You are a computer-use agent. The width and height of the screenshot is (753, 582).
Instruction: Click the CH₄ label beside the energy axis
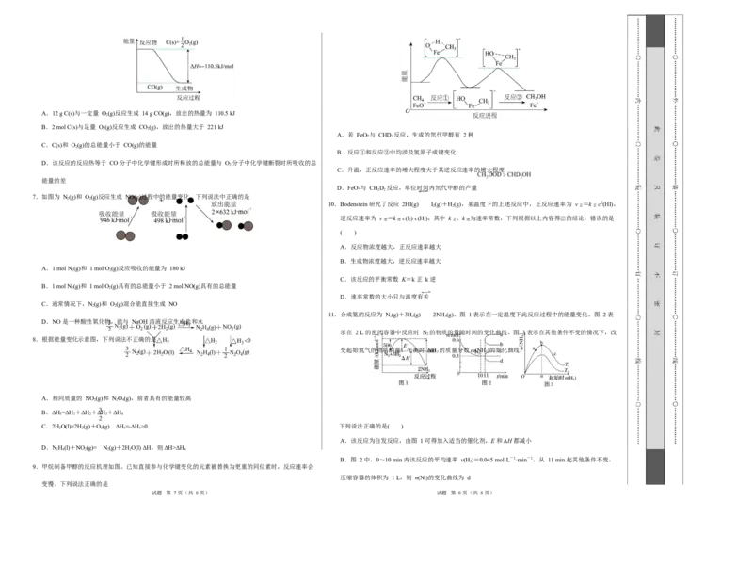click(x=418, y=97)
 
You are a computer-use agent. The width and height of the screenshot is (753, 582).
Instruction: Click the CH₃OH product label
click(x=536, y=97)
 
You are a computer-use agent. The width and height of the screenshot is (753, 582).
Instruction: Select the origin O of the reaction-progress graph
click(x=408, y=112)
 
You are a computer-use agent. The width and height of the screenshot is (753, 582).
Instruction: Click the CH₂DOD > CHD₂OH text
click(x=505, y=174)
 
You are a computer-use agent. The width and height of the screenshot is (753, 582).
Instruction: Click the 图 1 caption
click(x=405, y=383)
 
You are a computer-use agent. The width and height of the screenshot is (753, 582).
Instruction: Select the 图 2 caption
click(x=487, y=383)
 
